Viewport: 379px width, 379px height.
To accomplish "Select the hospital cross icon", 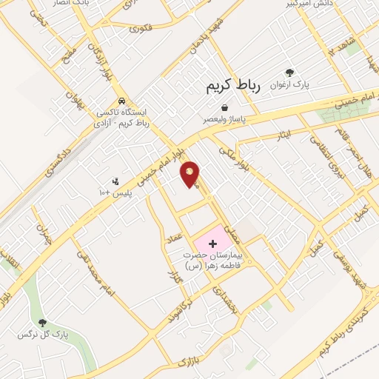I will (x=213, y=243).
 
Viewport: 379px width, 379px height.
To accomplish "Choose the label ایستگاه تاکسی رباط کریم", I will (x=122, y=118).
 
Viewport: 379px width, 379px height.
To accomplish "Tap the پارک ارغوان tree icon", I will (x=290, y=73).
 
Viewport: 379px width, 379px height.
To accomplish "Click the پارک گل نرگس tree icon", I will (x=43, y=323).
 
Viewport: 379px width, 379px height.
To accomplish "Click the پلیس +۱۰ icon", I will (x=115, y=181).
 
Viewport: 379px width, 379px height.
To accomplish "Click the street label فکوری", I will (x=141, y=29).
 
